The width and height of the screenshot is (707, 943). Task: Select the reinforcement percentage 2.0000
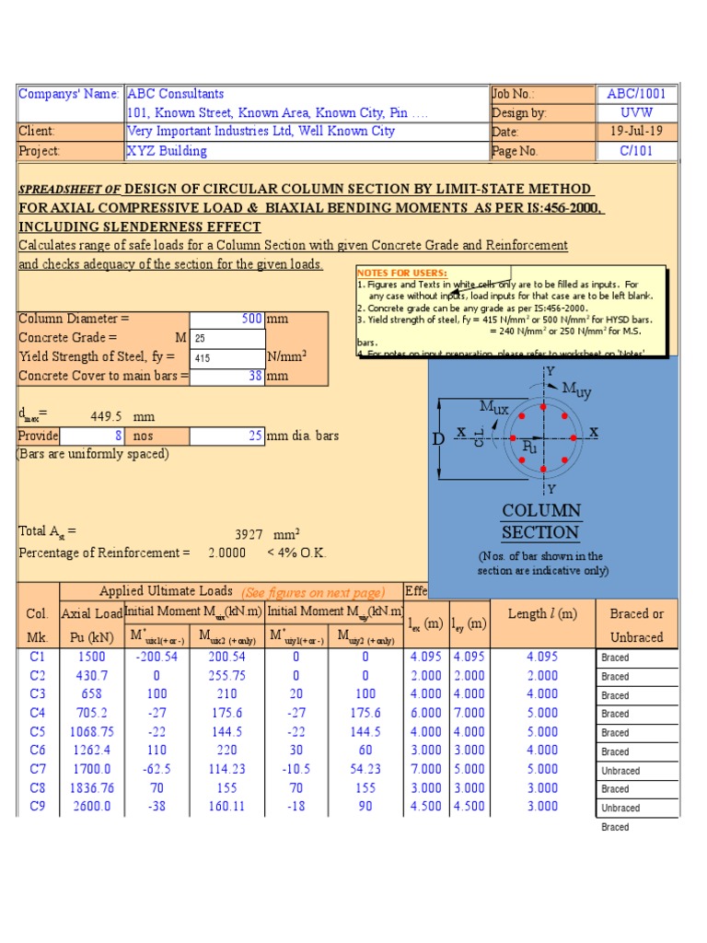coord(227,553)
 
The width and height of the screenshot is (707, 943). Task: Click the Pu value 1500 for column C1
coord(91,658)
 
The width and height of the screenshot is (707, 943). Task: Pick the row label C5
coord(38,732)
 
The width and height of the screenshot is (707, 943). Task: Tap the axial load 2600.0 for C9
coord(91,807)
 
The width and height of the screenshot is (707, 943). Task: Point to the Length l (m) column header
coord(542,614)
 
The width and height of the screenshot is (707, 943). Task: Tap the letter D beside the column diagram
coord(438,440)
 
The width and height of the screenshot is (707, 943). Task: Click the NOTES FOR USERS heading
coord(402,274)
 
